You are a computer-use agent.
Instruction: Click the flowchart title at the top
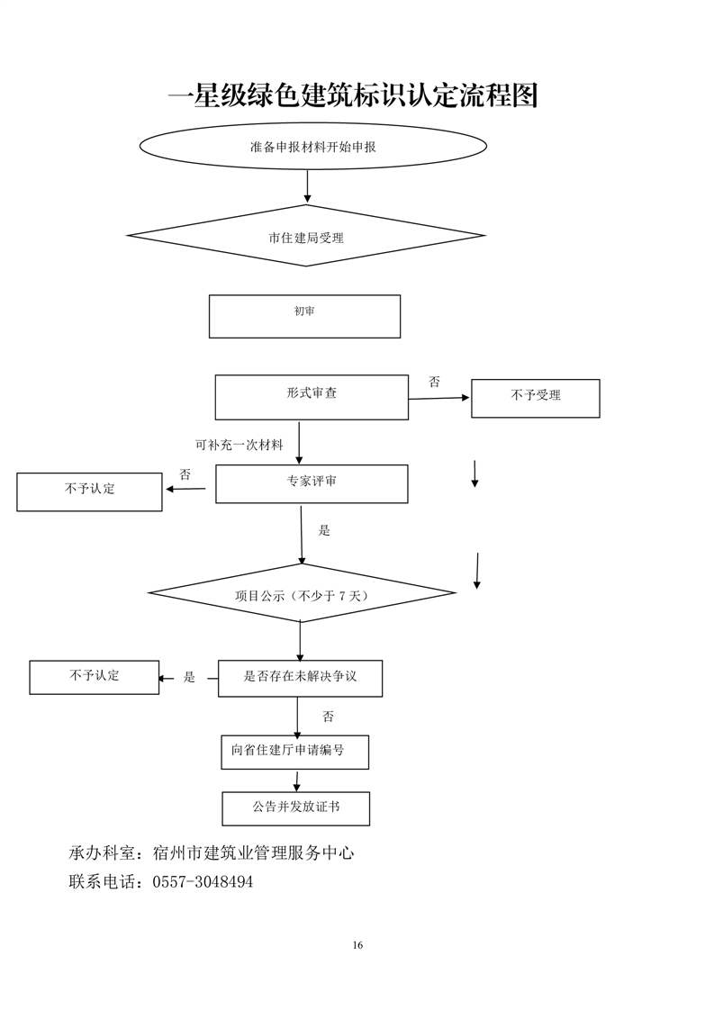click(x=353, y=95)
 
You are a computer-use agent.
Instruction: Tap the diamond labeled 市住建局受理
click(x=306, y=238)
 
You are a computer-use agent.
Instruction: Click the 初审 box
click(x=304, y=316)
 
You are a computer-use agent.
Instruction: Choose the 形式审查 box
click(x=312, y=397)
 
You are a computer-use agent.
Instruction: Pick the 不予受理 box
click(x=535, y=398)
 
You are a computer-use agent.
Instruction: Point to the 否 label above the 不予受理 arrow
click(x=435, y=382)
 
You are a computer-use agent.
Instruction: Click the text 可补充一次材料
click(x=239, y=445)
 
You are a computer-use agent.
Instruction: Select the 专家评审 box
click(x=312, y=483)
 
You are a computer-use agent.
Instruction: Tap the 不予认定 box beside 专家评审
click(x=89, y=491)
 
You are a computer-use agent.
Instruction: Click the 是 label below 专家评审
click(x=324, y=530)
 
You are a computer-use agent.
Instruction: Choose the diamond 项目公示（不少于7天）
click(x=302, y=594)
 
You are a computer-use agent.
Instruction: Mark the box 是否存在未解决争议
click(x=300, y=678)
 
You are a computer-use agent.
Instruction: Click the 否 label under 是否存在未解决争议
click(x=328, y=717)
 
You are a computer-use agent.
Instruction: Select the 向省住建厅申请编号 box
click(x=294, y=752)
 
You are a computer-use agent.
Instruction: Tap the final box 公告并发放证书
click(x=295, y=808)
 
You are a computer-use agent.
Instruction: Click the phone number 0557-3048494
click(x=203, y=882)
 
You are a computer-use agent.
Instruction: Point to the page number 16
click(x=358, y=944)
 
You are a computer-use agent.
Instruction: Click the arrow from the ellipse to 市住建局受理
click(x=308, y=185)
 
